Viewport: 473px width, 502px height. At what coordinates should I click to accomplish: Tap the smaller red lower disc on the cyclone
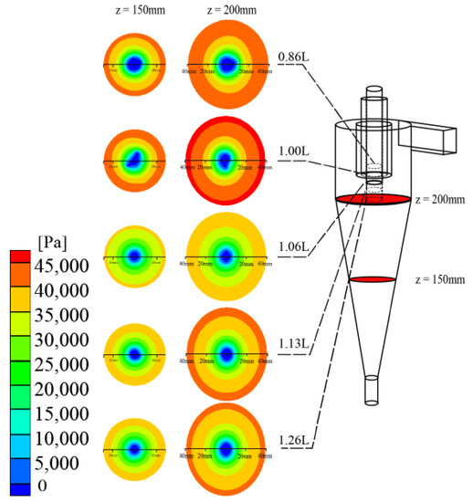373,279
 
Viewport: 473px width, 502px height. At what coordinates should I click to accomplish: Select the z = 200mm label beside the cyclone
439,199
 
